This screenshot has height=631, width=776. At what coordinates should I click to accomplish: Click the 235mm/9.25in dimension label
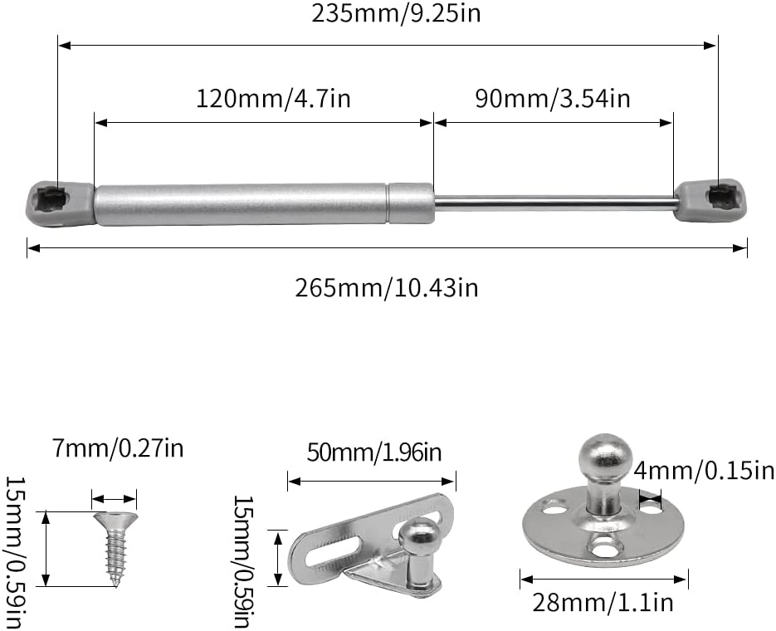(x=396, y=13)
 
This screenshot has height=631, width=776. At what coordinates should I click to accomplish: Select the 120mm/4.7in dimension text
(x=274, y=99)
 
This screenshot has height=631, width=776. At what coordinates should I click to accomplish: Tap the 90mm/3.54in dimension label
(x=553, y=99)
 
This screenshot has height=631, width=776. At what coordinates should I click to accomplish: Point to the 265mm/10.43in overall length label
(x=387, y=287)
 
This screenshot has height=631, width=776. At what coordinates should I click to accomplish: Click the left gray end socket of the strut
(x=60, y=203)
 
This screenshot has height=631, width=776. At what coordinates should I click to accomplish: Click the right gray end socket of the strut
(x=710, y=199)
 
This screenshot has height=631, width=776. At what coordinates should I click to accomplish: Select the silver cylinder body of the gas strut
(x=265, y=204)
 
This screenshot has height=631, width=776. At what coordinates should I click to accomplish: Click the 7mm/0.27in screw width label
(x=118, y=448)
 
